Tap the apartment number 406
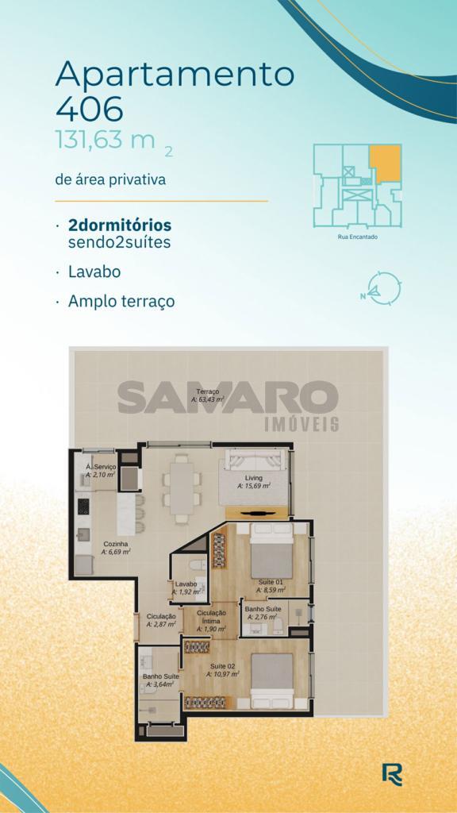[89, 109]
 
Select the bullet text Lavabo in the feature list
[94, 272]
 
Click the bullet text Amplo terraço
[121, 301]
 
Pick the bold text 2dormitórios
[120, 225]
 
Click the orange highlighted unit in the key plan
[386, 162]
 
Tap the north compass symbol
[382, 288]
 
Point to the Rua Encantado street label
[358, 237]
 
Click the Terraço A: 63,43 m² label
[207, 395]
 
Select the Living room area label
[254, 482]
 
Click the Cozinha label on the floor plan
[116, 548]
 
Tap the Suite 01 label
[272, 585]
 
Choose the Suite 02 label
[223, 670]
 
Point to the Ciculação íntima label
[211, 621]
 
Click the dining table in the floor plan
[182, 488]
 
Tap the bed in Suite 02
[272, 680]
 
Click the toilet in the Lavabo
[199, 564]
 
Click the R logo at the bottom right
[392, 775]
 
